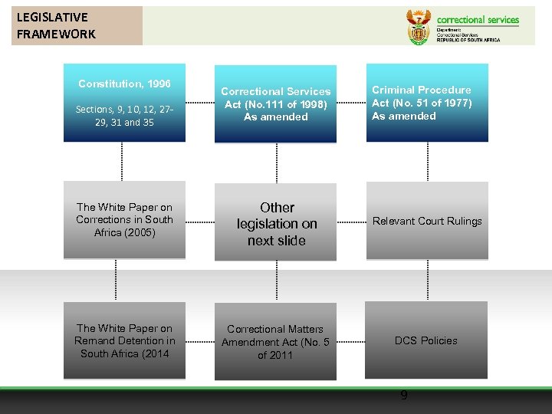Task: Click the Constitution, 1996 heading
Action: click(124, 84)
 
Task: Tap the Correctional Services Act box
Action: click(275, 103)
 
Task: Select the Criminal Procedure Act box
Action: click(426, 103)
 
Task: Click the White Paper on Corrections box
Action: click(124, 220)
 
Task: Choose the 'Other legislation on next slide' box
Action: click(276, 224)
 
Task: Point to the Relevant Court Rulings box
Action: click(426, 221)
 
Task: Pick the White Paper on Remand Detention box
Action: click(124, 340)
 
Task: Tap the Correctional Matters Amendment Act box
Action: click(275, 342)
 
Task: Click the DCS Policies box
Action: click(426, 340)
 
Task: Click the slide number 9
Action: click(404, 396)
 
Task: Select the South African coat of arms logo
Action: click(418, 28)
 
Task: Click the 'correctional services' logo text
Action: click(478, 20)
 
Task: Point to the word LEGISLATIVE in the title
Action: click(52, 17)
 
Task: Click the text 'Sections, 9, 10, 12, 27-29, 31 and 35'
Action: click(124, 116)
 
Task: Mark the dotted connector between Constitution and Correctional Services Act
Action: click(199, 103)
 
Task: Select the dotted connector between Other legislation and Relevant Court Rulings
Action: click(351, 222)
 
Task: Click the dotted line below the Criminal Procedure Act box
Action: click(426, 162)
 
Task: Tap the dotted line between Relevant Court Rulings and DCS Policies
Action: click(426, 281)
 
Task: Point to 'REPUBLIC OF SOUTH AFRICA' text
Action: click(468, 40)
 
